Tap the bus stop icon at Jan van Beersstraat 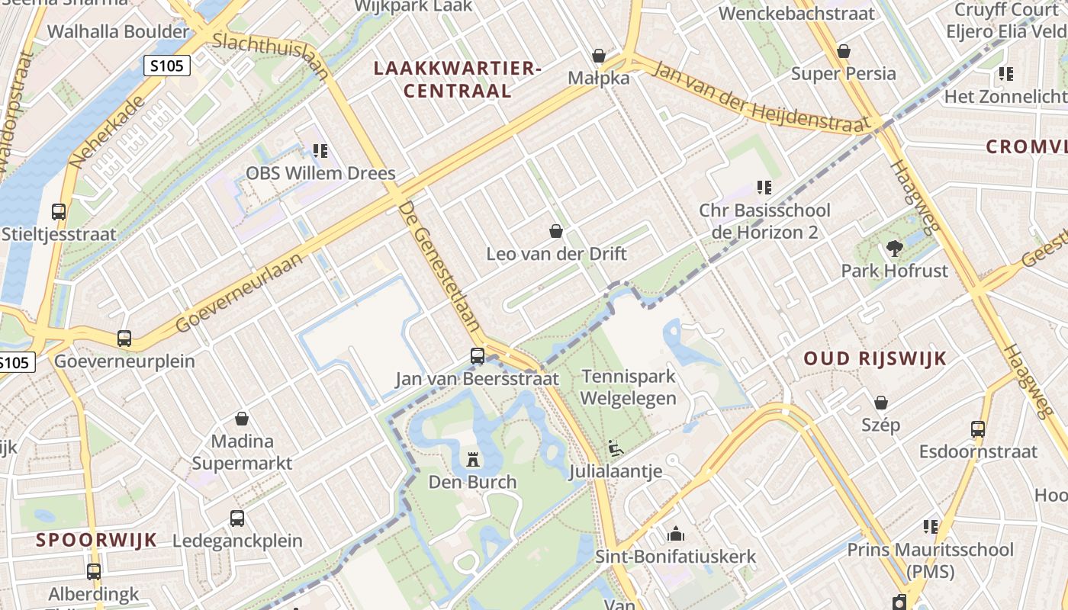478,356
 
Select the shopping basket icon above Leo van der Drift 557,231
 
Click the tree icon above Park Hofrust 894,248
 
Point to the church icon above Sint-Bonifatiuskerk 676,534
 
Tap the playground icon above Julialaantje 616,448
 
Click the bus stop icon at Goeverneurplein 124,338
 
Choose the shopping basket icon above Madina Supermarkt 242,419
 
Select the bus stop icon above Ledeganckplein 237,518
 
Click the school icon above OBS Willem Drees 320,151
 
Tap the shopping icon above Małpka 600,56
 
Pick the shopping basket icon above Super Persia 844,51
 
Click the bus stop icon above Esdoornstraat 978,429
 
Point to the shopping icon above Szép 881,403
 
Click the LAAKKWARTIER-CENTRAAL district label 457,79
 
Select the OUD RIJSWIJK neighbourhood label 875,358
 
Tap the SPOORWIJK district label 96,541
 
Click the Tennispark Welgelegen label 629,387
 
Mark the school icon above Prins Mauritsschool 931,527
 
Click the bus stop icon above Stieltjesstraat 59,212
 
